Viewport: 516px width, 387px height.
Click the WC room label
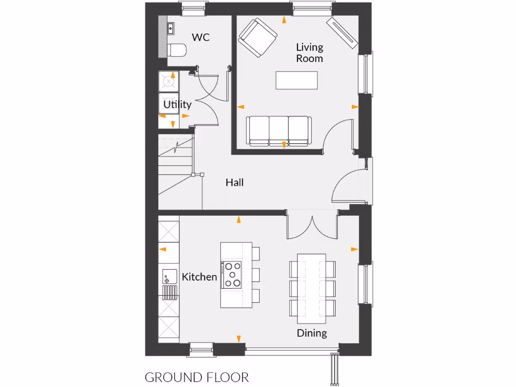coord(201,37)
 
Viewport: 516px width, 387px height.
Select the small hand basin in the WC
coord(170,29)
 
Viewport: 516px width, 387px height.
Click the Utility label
coord(177,105)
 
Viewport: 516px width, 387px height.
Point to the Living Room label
coord(309,52)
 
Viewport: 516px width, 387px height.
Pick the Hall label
coord(234,182)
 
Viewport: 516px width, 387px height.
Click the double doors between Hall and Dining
coord(312,227)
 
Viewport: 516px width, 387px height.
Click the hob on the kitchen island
coord(232,275)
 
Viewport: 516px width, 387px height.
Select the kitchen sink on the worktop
coord(168,277)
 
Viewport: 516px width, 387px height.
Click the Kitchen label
coord(199,277)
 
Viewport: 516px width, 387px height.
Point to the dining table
coord(312,285)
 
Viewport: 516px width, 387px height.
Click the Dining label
coord(311,333)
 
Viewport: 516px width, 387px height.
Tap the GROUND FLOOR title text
coord(197,377)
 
